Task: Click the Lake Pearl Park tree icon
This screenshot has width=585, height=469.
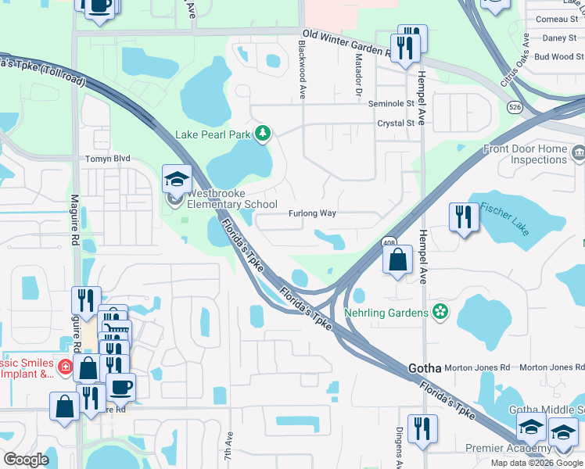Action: pyautogui.click(x=264, y=134)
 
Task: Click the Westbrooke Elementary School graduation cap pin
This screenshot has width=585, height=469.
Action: pyautogui.click(x=177, y=180)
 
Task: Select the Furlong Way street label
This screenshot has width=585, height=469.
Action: pyautogui.click(x=312, y=213)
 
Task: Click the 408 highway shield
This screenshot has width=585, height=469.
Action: pyautogui.click(x=388, y=242)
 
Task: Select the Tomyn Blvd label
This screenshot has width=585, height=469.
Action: pyautogui.click(x=108, y=158)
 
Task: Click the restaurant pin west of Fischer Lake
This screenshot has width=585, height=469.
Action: pyautogui.click(x=464, y=217)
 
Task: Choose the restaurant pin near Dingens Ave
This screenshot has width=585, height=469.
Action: pyautogui.click(x=422, y=428)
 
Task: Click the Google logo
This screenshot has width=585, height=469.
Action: pyautogui.click(x=26, y=460)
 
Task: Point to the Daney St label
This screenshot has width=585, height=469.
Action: pyautogui.click(x=559, y=38)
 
